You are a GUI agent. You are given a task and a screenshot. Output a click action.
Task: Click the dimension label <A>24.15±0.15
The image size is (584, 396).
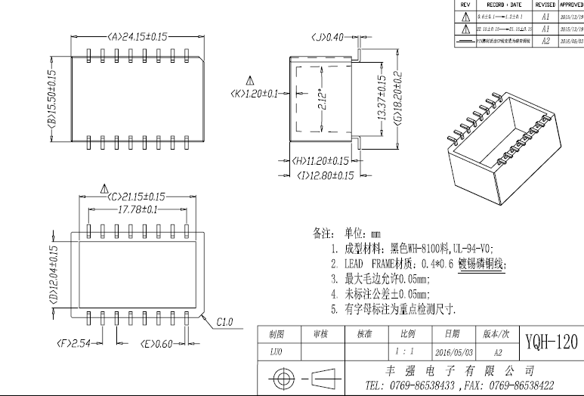pyautogui.click(x=138, y=36)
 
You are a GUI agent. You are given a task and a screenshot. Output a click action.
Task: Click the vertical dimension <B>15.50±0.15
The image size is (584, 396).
pyautogui.click(x=52, y=97)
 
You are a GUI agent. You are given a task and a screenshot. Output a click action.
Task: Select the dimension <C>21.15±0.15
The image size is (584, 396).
pyautogui.click(x=137, y=197)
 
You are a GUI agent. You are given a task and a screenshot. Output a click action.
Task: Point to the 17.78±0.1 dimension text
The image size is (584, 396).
pyautogui.click(x=137, y=209)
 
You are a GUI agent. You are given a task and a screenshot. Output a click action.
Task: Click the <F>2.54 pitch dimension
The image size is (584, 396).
pyautogui.click(x=73, y=344)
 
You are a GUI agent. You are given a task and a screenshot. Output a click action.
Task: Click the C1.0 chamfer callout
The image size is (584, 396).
pyautogui.click(x=224, y=323)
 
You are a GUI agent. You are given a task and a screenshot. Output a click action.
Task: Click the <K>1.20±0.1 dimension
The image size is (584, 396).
pyautogui.click(x=255, y=93)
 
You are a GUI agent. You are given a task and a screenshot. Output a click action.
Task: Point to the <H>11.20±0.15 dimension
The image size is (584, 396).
pyautogui.click(x=321, y=161)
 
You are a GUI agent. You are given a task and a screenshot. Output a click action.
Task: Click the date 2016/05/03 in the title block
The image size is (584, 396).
pyautogui.click(x=451, y=352)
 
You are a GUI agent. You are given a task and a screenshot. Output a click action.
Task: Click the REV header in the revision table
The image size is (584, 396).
pyautogui.click(x=465, y=4)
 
